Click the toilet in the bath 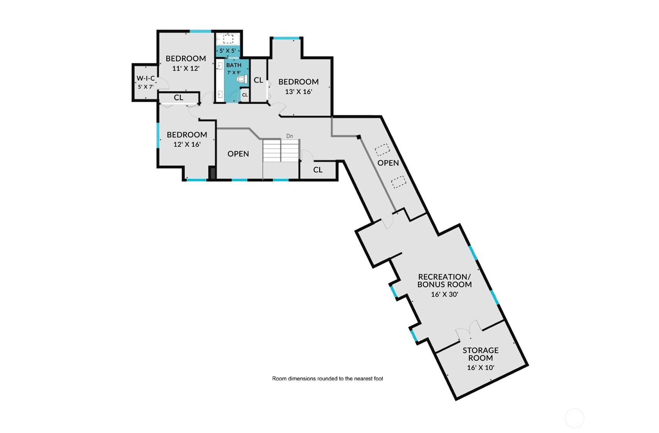(242, 79)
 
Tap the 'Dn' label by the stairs (290, 136)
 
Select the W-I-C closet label (146, 78)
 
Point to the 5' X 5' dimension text (227, 51)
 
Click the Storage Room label (480, 354)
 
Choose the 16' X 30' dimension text (444, 294)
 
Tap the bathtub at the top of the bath (228, 39)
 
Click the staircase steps (281, 150)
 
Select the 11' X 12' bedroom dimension (186, 69)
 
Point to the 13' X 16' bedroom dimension (298, 92)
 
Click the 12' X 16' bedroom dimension (187, 145)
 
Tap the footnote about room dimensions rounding (327, 379)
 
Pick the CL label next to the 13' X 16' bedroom (258, 80)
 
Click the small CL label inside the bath (245, 95)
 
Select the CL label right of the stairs (318, 170)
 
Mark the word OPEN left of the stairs (238, 153)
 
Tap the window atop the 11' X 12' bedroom (200, 31)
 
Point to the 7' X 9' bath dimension (234, 72)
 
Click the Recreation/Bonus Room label (444, 281)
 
